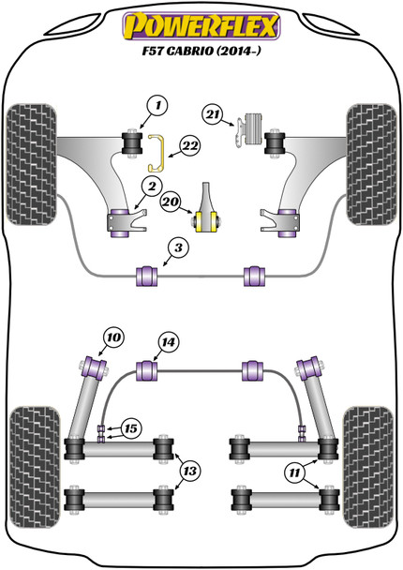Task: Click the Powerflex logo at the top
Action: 201,26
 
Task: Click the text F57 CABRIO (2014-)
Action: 201,51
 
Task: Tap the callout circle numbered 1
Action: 157,106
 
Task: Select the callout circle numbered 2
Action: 152,187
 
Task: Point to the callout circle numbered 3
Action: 178,248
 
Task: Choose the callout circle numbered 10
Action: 113,337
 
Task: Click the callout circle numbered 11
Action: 294,472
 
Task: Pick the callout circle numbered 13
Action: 189,472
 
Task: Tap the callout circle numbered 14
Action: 169,342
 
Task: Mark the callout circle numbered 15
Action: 131,428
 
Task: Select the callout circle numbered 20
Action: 171,202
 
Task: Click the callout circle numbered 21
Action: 213,115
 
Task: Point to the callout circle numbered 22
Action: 190,146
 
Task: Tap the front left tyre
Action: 32,164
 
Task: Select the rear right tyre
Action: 368,467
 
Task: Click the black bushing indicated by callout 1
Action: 131,142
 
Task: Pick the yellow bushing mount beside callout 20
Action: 206,220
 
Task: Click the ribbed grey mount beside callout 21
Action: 254,129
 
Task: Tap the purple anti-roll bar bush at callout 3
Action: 147,277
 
